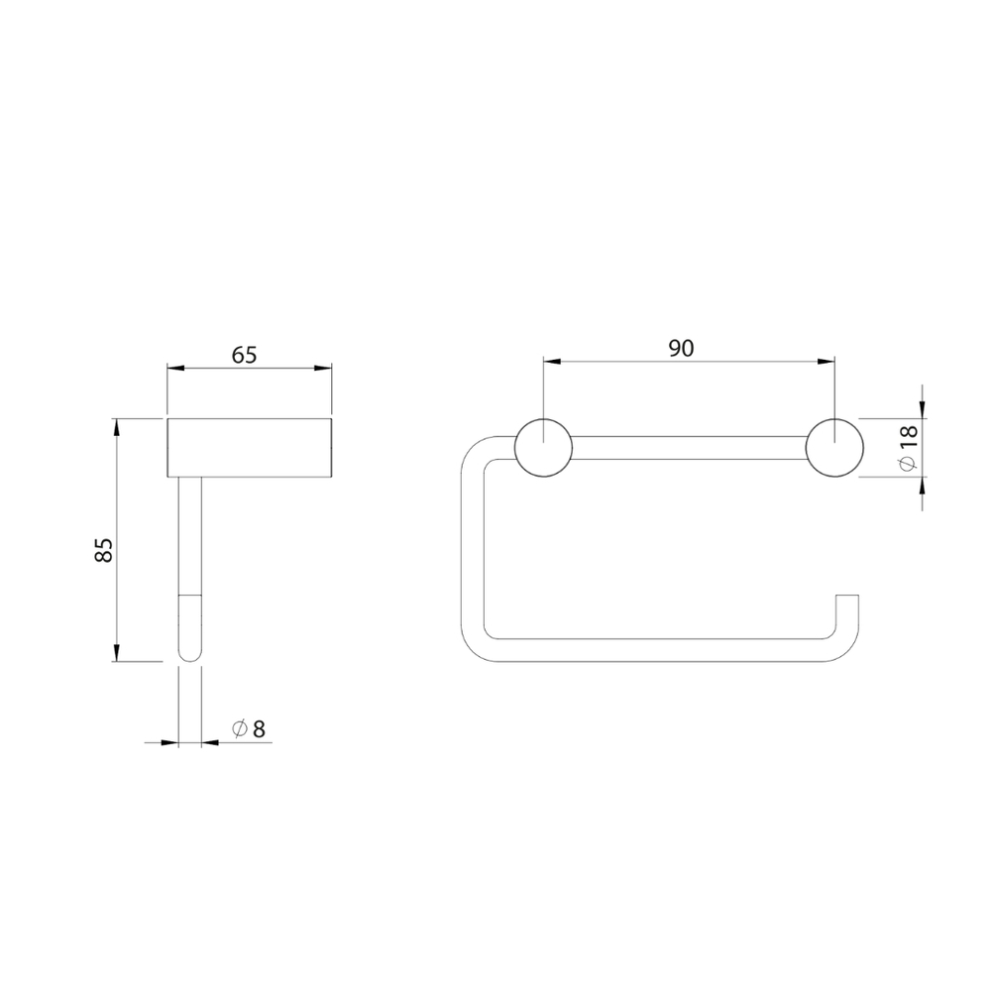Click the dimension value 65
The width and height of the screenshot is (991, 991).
click(244, 355)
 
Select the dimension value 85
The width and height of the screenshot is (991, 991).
click(104, 549)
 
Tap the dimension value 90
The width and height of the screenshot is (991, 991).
click(682, 348)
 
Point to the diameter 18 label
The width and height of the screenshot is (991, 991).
click(908, 448)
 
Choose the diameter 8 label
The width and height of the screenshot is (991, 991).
click(249, 729)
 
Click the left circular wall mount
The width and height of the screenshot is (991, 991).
click(543, 448)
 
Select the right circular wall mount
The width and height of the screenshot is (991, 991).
click(834, 448)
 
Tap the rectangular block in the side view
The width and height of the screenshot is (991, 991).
click(250, 448)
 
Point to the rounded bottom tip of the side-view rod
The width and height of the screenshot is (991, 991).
click(190, 655)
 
